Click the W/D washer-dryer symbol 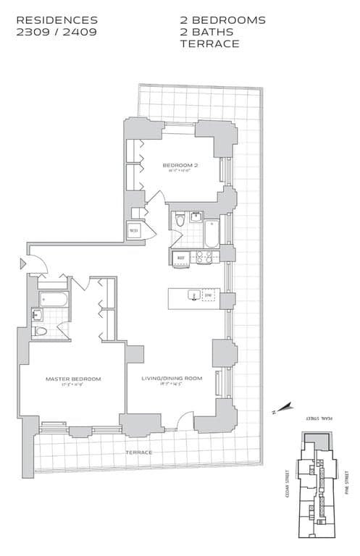coord(133,232)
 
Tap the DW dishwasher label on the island coord(208,295)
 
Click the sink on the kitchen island coord(193,295)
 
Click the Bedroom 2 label coord(180,165)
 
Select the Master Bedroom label coord(72,379)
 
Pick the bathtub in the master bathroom coord(52,298)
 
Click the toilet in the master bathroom coord(41,331)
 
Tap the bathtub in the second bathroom coord(212,233)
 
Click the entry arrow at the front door coord(23,264)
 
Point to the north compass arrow coord(285,408)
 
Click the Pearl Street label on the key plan coord(314,418)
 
